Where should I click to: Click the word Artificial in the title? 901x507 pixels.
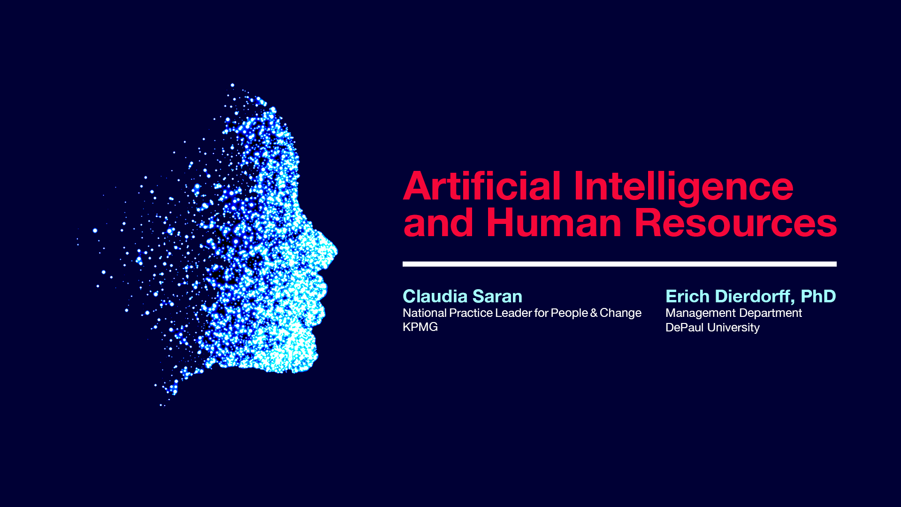pos(482,186)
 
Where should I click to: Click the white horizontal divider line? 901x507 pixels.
pos(619,264)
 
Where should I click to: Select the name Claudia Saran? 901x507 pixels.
pos(462,296)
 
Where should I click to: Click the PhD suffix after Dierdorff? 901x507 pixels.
pos(818,296)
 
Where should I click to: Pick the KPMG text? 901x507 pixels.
pos(420,327)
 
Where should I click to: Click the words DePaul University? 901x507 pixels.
pos(712,328)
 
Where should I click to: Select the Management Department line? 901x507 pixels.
pos(733,313)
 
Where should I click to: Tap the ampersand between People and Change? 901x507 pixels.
pos(594,313)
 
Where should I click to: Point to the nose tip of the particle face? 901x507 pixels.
pos(335,252)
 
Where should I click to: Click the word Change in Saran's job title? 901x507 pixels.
pos(620,313)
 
